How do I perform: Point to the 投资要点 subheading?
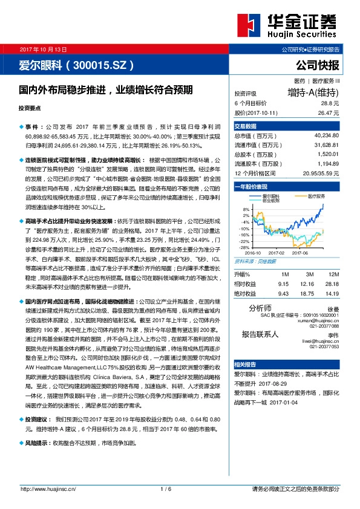[x=30, y=108]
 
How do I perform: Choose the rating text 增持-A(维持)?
[x=313, y=93]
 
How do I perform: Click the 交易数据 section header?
[x=246, y=126]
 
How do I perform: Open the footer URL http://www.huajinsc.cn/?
[x=48, y=488]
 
